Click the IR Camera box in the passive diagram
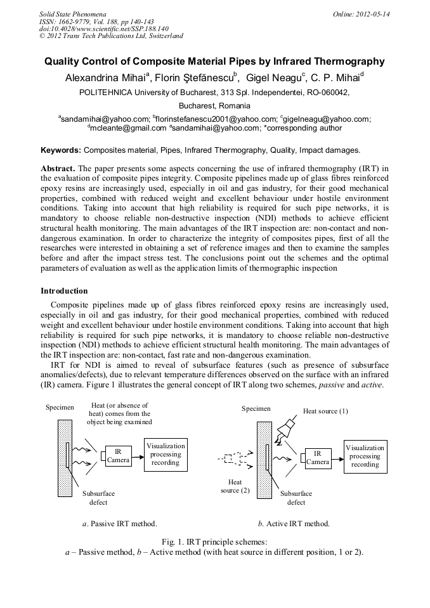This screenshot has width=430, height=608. (x=118, y=456)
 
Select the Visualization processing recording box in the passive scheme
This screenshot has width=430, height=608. (x=166, y=454)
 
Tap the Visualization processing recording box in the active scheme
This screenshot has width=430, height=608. (x=365, y=456)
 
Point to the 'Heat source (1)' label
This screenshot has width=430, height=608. (x=325, y=411)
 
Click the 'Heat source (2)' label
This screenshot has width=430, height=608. (x=235, y=486)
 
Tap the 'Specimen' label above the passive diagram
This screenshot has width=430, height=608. (x=60, y=407)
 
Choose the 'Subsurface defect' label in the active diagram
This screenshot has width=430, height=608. (x=296, y=498)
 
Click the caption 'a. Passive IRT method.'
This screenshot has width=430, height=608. (x=120, y=524)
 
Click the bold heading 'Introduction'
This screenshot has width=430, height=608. (x=64, y=290)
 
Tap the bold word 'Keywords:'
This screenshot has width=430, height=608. (x=61, y=150)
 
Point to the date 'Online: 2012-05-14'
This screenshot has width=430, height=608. (x=362, y=13)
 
